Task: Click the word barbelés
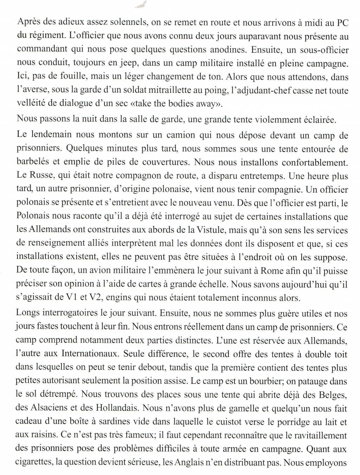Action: (31, 162)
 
